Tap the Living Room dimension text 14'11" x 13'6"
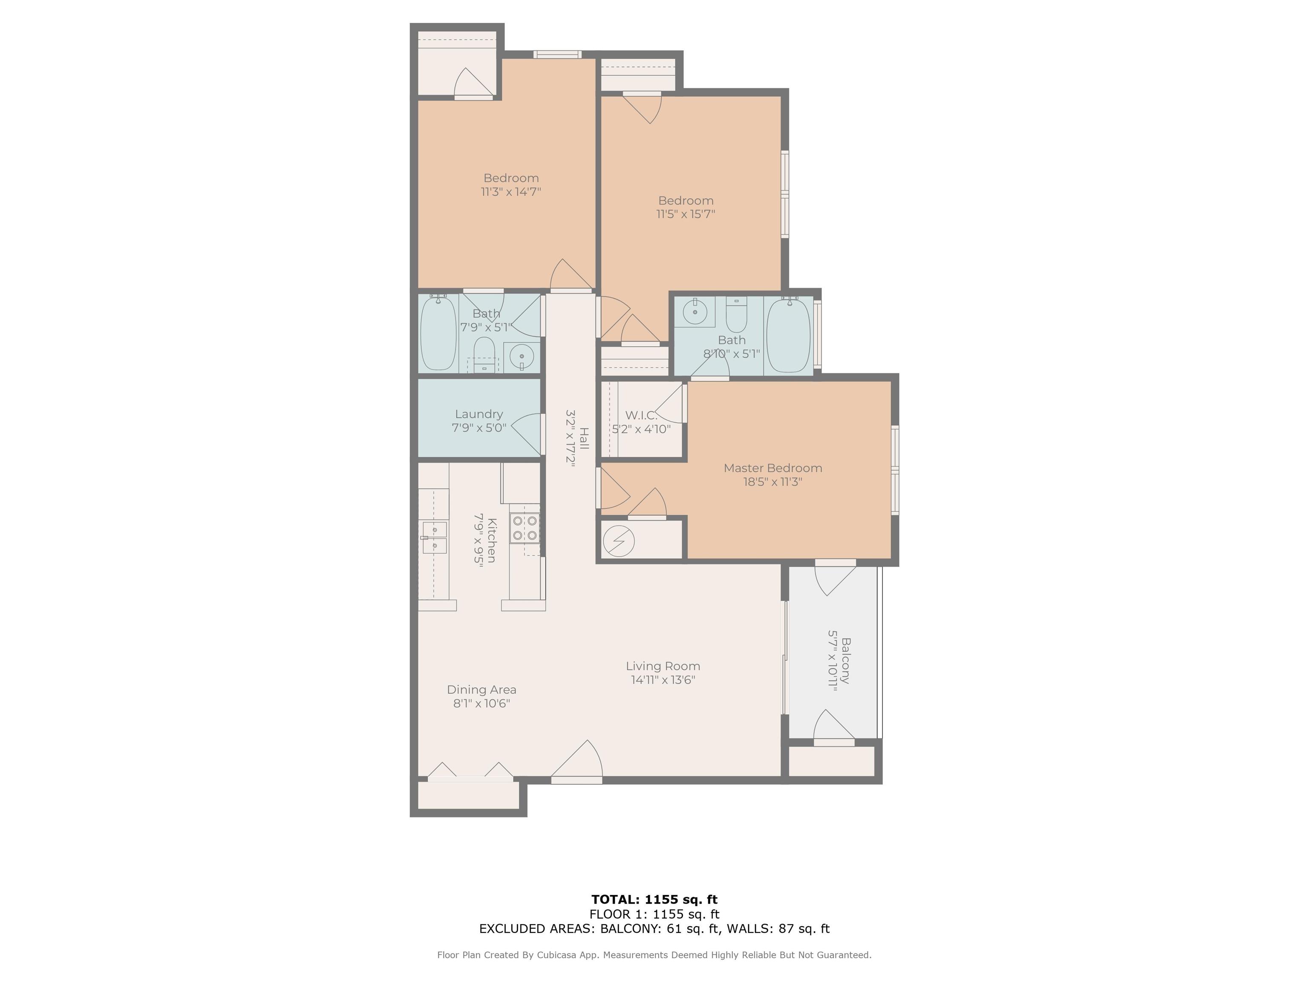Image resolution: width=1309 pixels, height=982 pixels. (x=663, y=679)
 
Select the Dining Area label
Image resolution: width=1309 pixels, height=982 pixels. (x=481, y=690)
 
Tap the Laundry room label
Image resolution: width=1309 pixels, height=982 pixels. (x=479, y=414)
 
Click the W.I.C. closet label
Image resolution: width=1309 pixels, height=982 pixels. (x=641, y=416)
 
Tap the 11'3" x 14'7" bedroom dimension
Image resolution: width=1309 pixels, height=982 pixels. (x=511, y=192)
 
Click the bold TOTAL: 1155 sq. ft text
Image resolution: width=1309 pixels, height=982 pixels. (x=654, y=900)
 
